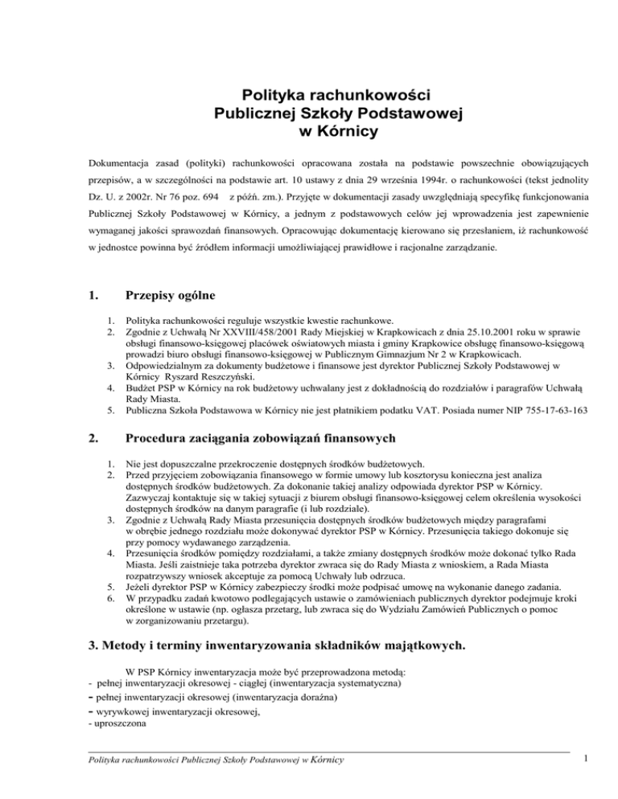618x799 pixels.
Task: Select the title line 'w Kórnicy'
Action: tap(309, 132)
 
